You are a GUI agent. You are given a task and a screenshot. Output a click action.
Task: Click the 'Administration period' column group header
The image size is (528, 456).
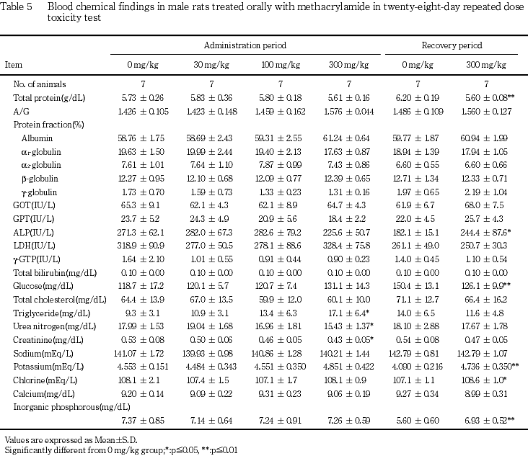click(245, 45)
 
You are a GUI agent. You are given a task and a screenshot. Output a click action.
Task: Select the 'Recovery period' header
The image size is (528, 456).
click(452, 45)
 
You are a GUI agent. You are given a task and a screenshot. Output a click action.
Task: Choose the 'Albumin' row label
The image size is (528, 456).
click(37, 138)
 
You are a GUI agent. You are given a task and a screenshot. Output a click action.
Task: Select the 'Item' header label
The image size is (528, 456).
click(14, 65)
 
